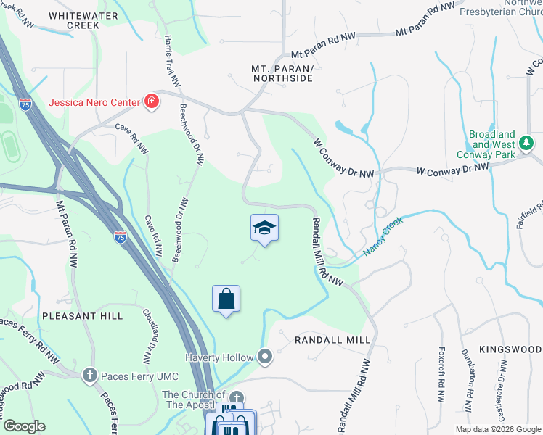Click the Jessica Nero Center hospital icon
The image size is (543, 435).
[152, 101]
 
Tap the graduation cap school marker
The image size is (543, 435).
[264, 228]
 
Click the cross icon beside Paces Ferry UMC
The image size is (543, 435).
[89, 375]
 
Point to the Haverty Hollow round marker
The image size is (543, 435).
[266, 357]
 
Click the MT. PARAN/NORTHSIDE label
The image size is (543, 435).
[282, 74]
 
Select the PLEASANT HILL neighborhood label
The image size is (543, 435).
[82, 317]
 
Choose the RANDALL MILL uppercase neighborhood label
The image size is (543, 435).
[332, 339]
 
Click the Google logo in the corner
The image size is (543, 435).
[24, 426]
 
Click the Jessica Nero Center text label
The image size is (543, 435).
[94, 102]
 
